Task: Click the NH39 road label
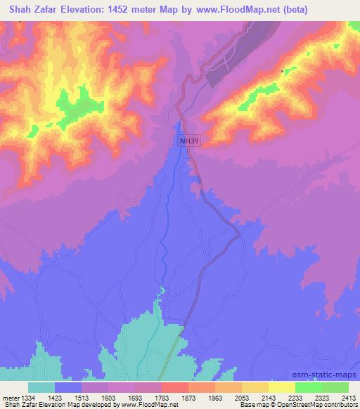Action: coord(188,141)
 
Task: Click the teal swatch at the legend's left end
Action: coord(41,387)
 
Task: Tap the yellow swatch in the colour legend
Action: coord(282,387)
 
